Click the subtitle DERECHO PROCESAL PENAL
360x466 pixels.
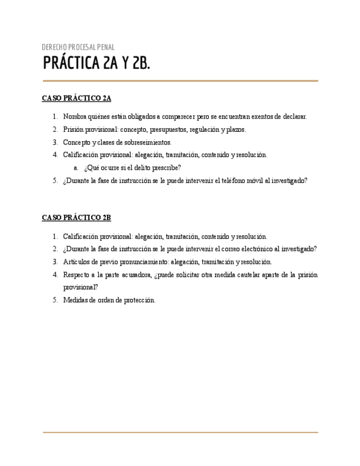pyautogui.click(x=78, y=47)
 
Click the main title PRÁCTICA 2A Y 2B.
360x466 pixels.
pyautogui.click(x=96, y=64)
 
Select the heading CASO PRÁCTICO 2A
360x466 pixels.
pyautogui.click(x=76, y=99)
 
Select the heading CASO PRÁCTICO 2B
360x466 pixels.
pyautogui.click(x=76, y=218)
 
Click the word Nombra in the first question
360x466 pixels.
pyautogui.click(x=75, y=116)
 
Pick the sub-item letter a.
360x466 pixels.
pyautogui.click(x=76, y=168)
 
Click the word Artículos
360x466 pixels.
pyautogui.click(x=76, y=262)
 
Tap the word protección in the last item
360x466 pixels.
pyautogui.click(x=139, y=300)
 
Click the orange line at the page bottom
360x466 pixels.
pyautogui.click(x=180, y=432)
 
